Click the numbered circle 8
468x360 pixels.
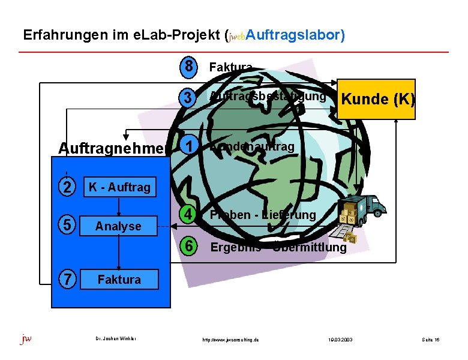click(188, 68)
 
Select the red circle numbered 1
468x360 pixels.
click(188, 146)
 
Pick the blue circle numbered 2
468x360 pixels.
click(68, 187)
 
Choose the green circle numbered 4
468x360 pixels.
click(188, 214)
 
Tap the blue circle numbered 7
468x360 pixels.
click(68, 279)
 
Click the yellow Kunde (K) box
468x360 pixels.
click(377, 100)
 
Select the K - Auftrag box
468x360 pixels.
click(119, 187)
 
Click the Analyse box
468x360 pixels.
click(119, 226)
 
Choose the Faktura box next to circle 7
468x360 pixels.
click(119, 279)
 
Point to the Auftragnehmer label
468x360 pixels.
click(112, 148)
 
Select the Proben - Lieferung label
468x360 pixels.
click(263, 215)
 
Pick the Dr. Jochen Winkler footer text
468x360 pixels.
click(116, 339)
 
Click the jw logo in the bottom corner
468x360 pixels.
click(26, 339)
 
